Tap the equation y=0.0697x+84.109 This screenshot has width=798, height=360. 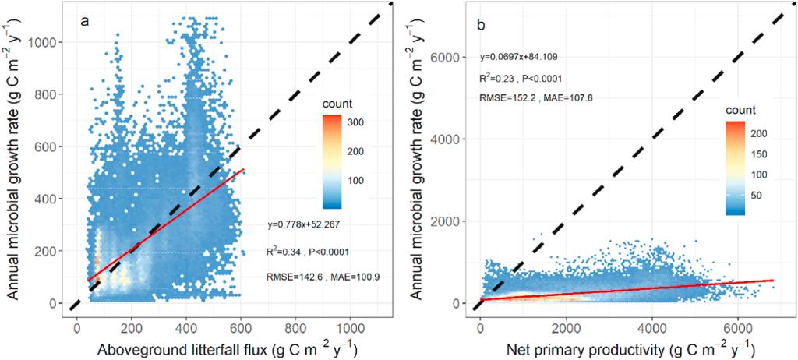click(x=517, y=57)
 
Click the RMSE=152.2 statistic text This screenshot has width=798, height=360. click(x=507, y=97)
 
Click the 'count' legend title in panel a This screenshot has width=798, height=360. click(x=340, y=102)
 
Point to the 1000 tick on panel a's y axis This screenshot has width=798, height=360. click(x=45, y=43)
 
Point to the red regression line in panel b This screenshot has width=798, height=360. click(x=623, y=289)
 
